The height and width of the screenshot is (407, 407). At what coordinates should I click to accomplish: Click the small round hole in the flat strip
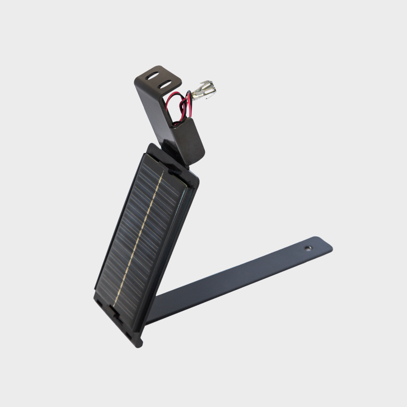tap(308, 248)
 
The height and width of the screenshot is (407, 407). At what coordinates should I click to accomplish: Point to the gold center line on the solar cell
tap(140, 238)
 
